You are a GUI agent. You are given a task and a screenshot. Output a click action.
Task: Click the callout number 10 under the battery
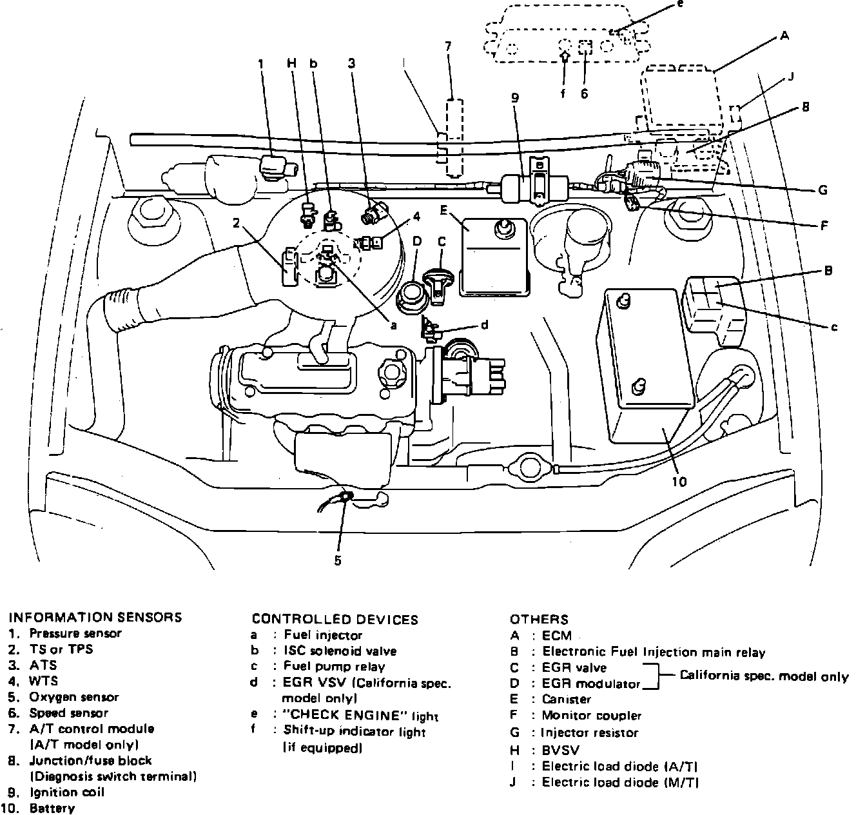click(x=679, y=481)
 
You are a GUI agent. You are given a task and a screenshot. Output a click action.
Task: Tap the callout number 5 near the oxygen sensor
click(x=338, y=560)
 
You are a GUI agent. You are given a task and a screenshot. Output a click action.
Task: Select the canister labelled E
click(x=493, y=258)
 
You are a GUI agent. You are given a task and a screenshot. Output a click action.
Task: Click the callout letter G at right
click(x=822, y=190)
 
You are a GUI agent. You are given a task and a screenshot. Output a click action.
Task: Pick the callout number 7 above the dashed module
click(x=449, y=46)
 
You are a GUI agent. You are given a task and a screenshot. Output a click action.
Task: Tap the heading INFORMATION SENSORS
click(x=95, y=617)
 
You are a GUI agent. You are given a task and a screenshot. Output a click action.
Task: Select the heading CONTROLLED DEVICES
click(x=335, y=620)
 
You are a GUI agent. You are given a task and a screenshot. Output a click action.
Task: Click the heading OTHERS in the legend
click(x=539, y=620)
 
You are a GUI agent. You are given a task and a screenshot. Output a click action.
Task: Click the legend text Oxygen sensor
click(x=73, y=697)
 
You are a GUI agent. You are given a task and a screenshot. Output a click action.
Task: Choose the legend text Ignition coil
click(x=66, y=792)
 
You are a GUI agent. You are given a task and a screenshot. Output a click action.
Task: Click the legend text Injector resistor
click(x=590, y=732)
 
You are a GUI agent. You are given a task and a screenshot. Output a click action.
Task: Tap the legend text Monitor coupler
click(x=591, y=715)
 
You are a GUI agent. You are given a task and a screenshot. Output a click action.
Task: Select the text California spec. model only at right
click(x=764, y=676)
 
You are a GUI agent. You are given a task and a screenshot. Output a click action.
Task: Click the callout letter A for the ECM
click(x=784, y=37)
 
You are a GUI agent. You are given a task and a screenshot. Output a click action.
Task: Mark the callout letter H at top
click(x=291, y=63)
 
